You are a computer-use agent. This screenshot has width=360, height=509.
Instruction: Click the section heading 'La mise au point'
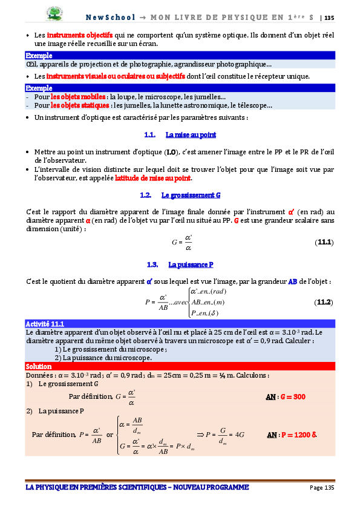191,134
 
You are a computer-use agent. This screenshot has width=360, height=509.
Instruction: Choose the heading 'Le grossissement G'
191,195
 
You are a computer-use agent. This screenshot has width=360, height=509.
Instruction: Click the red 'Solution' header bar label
39,367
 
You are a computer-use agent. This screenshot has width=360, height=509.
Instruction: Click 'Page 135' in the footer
321,488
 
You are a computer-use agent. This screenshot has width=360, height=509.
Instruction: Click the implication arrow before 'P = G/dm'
200,434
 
